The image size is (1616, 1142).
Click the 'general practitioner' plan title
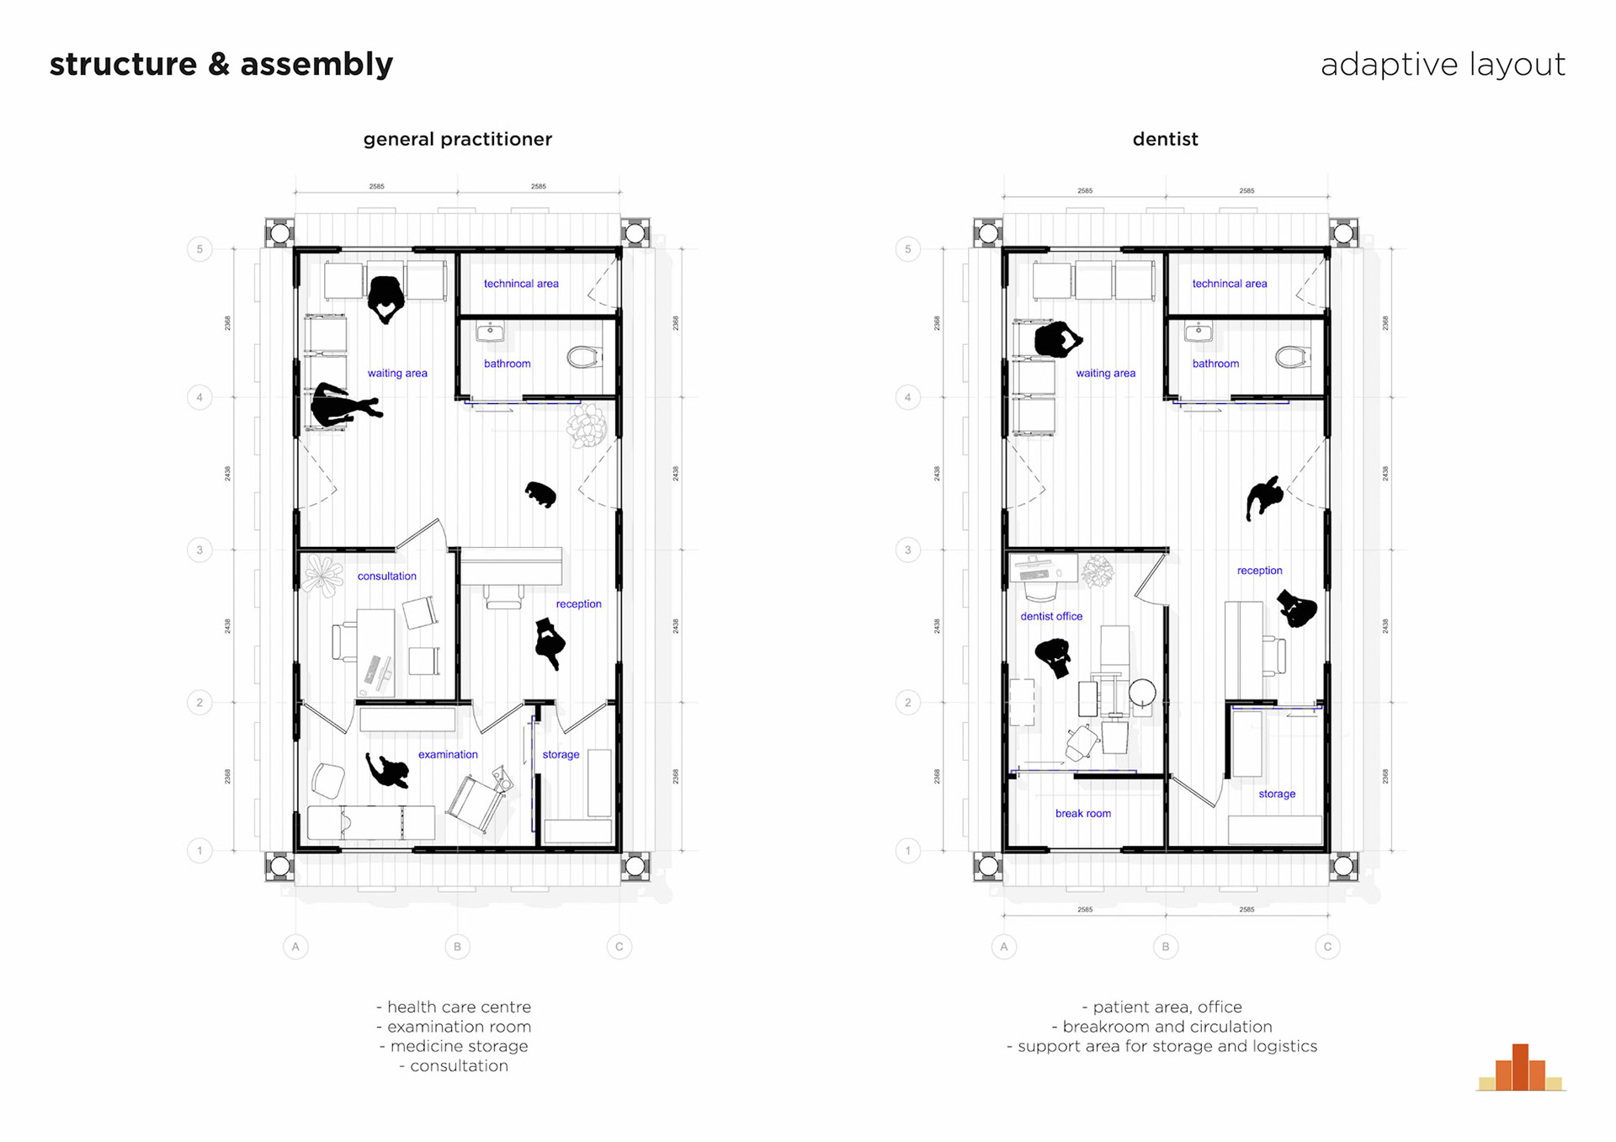[457, 139]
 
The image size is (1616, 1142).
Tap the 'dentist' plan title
[1165, 139]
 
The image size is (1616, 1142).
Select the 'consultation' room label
[386, 576]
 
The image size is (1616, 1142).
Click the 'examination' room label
[448, 755]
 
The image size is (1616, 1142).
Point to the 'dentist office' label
[1051, 617]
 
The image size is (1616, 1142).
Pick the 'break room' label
[1082, 814]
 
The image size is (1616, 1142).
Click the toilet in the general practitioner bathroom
[585, 357]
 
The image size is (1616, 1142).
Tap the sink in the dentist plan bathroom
[1199, 332]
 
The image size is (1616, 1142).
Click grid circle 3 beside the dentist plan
[907, 550]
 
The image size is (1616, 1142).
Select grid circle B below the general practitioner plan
[457, 947]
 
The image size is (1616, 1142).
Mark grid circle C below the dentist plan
[1327, 947]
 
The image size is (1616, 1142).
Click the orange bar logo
[1521, 1068]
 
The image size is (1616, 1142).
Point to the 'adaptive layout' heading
[1443, 65]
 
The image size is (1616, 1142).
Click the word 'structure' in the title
[123, 65]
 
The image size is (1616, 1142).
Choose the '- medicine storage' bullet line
[454, 1046]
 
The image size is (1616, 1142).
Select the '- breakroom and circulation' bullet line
[1161, 1027]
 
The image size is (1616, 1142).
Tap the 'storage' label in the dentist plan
[1277, 794]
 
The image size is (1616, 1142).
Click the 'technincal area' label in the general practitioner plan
[521, 284]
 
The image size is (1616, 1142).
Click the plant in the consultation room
[322, 575]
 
